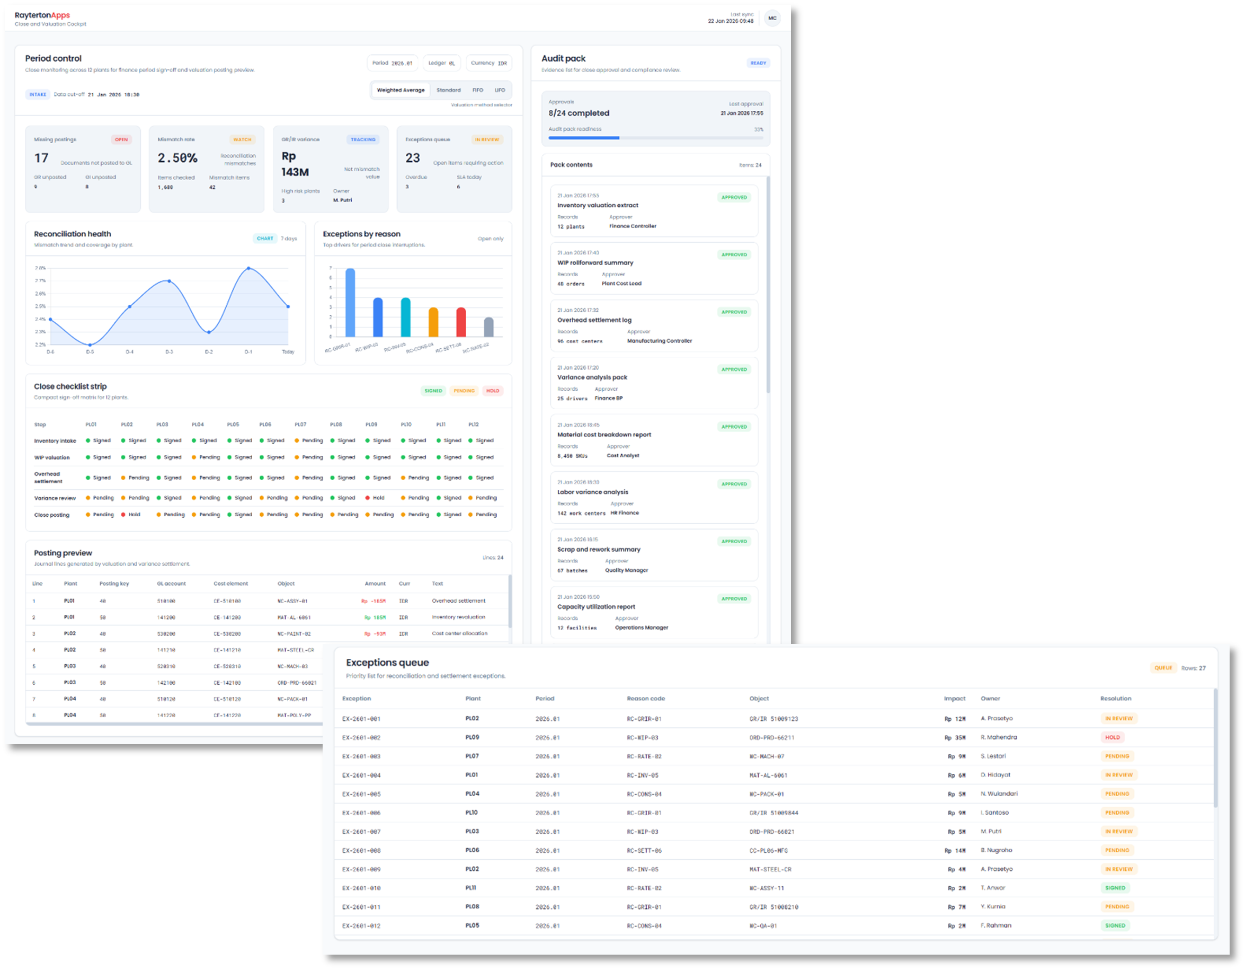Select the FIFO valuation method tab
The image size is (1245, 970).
[477, 90]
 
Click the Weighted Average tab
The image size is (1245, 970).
[400, 90]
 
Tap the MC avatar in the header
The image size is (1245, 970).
[772, 18]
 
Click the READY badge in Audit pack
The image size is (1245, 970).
[758, 63]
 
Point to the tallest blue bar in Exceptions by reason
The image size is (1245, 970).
[350, 302]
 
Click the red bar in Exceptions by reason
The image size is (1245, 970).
[461, 322]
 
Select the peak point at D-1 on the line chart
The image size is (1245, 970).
[248, 268]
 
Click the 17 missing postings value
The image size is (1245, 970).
[42, 158]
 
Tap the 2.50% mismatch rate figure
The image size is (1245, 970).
[177, 158]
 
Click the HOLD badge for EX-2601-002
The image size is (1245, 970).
[1112, 737]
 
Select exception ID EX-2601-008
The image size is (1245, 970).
[361, 850]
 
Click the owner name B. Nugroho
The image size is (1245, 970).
[996, 850]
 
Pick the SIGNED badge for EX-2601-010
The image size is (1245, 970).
[1115, 888]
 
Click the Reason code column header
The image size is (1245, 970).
[645, 699]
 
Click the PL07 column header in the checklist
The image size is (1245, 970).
[300, 425]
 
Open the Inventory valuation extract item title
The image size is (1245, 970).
[598, 205]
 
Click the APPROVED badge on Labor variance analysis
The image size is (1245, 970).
[734, 484]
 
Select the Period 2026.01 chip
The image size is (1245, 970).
[392, 63]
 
